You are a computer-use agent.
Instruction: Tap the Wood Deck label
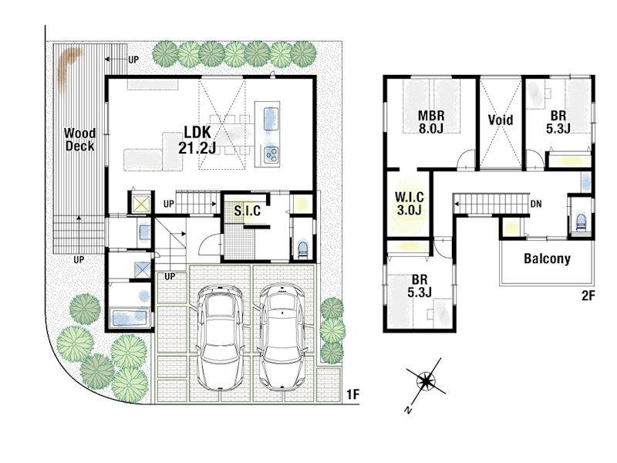point(79,140)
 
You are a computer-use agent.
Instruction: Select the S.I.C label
point(247,211)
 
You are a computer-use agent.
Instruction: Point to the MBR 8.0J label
point(431,122)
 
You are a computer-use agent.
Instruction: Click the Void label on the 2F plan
point(501,120)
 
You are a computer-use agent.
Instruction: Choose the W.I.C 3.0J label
point(410,203)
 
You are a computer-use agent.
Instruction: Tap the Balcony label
point(547,259)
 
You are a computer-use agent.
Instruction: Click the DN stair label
point(536,204)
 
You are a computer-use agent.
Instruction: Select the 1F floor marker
point(353,394)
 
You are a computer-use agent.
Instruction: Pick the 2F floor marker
point(588,296)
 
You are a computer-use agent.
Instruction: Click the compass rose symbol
point(426,380)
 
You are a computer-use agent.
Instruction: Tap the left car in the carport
point(220,338)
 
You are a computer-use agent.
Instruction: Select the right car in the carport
point(282,337)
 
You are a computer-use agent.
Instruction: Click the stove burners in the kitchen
point(271,154)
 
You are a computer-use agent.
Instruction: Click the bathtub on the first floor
point(130,318)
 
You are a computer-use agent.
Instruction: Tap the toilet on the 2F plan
point(581,222)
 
